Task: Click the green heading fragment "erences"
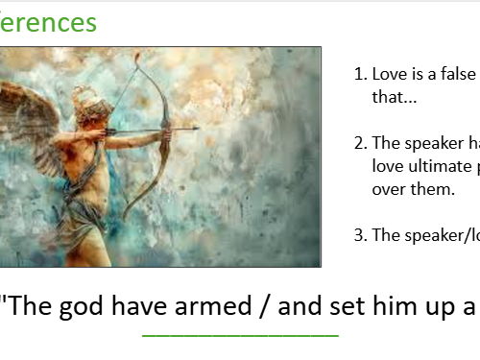47,22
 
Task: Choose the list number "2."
360,143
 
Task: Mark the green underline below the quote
240,335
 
